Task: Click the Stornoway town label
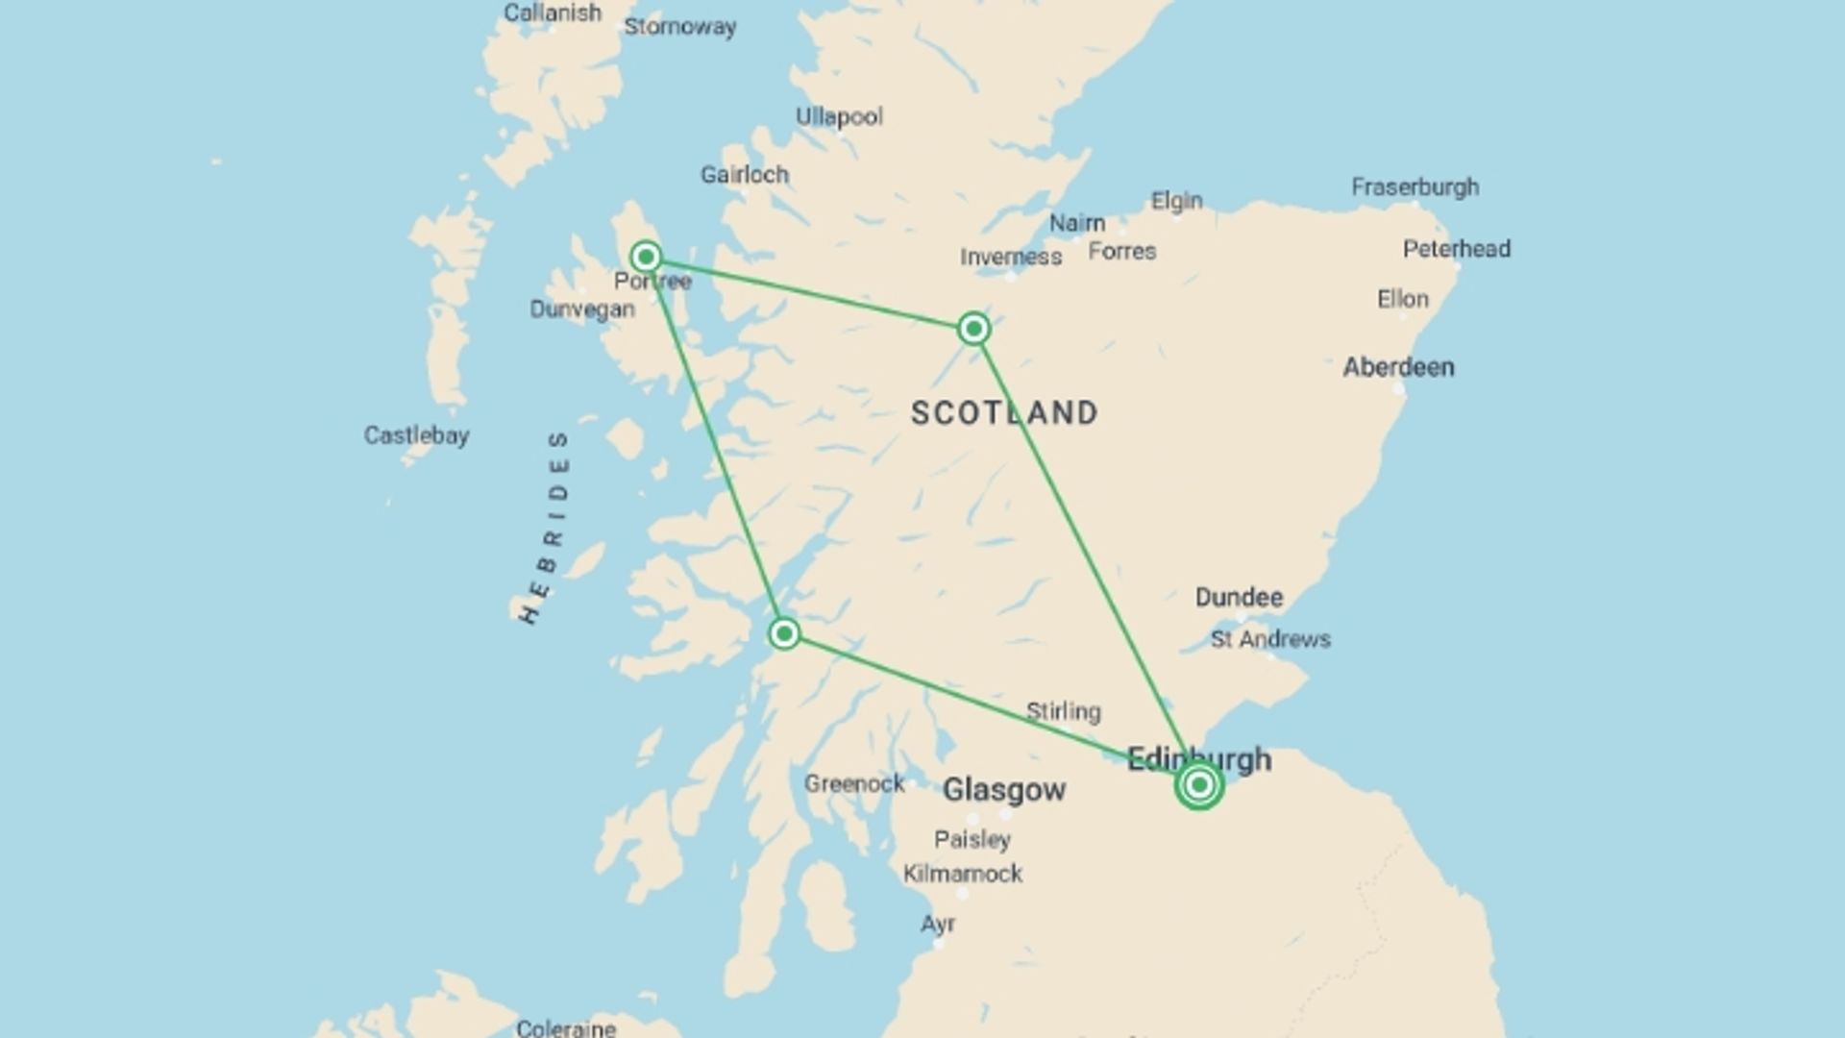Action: pos(679,27)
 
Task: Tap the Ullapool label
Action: pos(839,117)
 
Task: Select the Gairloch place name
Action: pos(744,175)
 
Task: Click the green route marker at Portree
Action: pos(646,257)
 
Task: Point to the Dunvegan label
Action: pos(582,309)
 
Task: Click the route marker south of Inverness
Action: pos(973,330)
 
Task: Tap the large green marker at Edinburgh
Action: pos(1198,785)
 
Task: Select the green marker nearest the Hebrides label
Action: pos(784,633)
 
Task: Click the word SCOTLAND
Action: pos(1004,413)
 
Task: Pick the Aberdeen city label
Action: pos(1398,367)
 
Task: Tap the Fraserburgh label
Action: pos(1414,187)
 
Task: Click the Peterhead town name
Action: pos(1456,249)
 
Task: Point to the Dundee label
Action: pos(1239,598)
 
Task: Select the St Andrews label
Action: pos(1270,639)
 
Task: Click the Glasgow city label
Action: pos(1003,790)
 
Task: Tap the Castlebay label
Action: pos(416,435)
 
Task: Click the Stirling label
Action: pos(1063,712)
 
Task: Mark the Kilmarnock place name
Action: pos(962,874)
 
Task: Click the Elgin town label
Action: pos(1176,201)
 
